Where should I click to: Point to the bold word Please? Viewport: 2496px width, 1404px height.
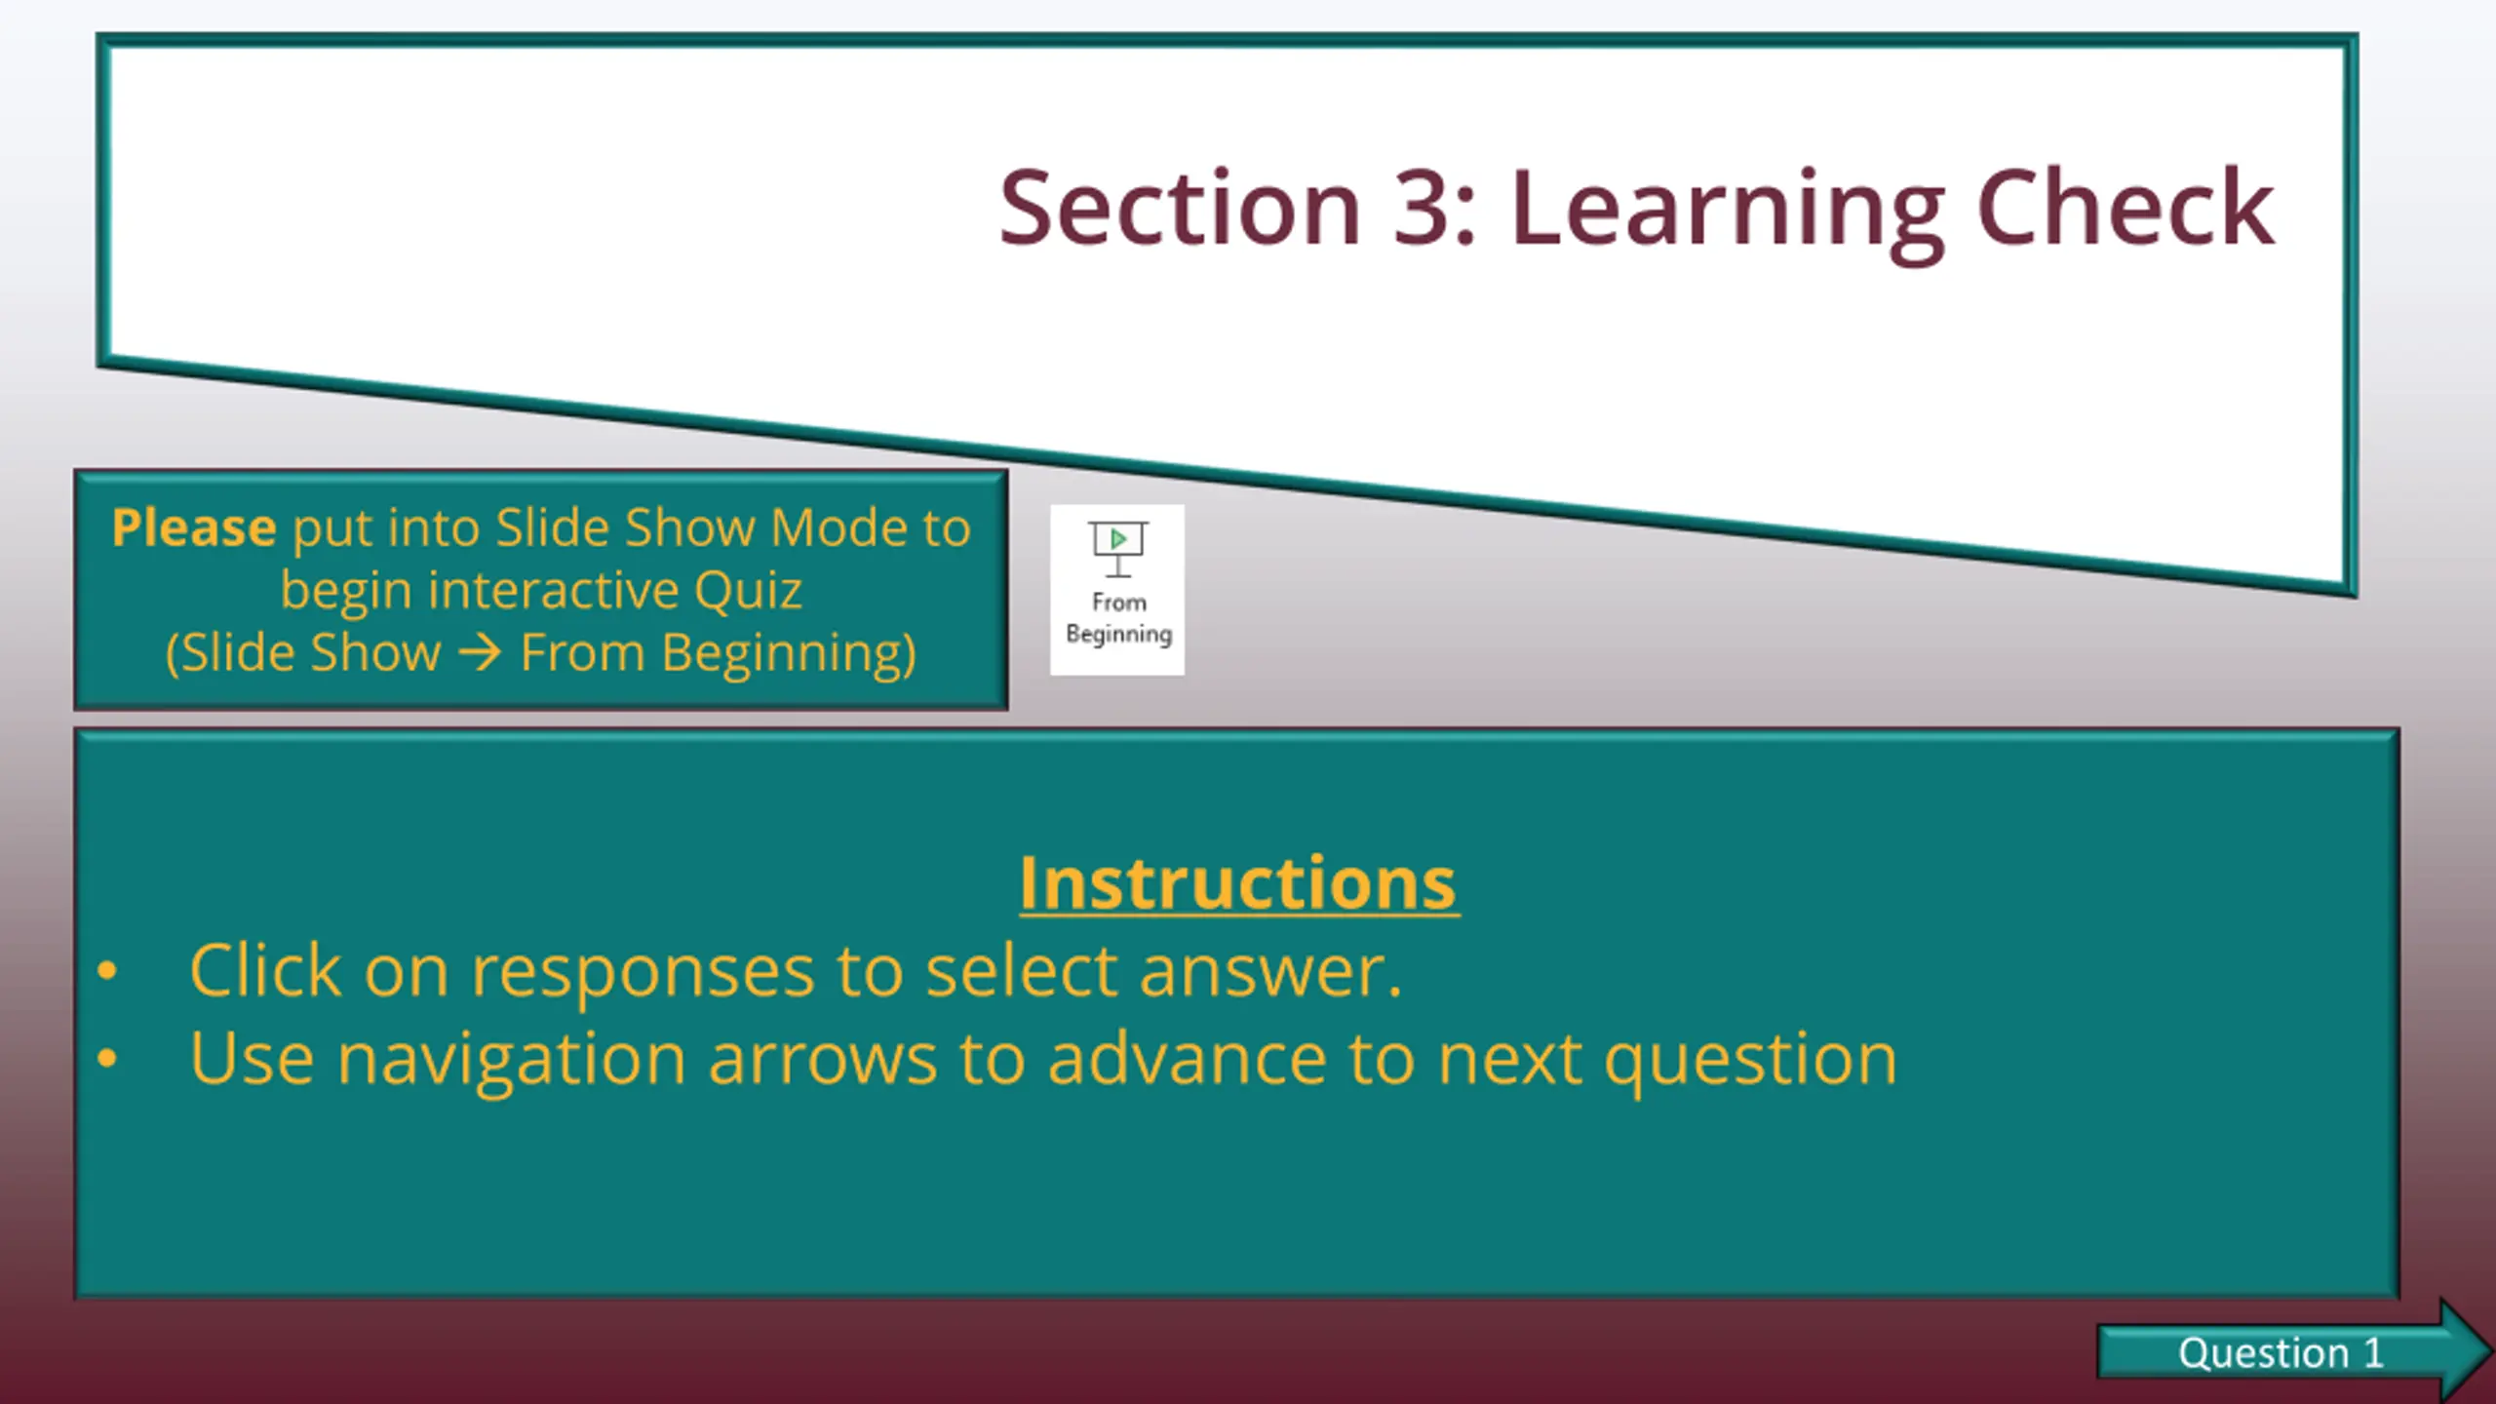click(194, 527)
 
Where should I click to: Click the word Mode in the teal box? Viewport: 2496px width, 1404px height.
click(838, 527)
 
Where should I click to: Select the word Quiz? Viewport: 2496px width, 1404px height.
click(748, 592)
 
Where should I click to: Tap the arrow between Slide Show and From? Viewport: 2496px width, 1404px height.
click(481, 652)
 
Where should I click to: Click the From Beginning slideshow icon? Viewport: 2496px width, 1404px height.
click(1117, 590)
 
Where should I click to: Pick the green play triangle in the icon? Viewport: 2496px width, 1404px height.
click(1118, 538)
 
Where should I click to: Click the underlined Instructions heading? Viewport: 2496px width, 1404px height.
click(1239, 883)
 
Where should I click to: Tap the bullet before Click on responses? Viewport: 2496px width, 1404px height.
click(107, 970)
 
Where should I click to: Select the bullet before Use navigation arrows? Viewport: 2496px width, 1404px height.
click(107, 1058)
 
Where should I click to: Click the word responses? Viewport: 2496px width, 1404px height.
click(643, 974)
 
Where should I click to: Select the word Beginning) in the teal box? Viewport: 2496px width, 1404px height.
click(789, 654)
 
